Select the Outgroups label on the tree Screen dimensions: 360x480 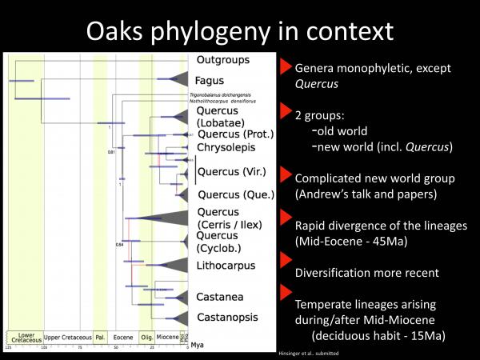click(x=223, y=60)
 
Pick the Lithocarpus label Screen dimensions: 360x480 click(x=224, y=264)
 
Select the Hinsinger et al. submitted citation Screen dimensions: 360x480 click(x=307, y=353)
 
